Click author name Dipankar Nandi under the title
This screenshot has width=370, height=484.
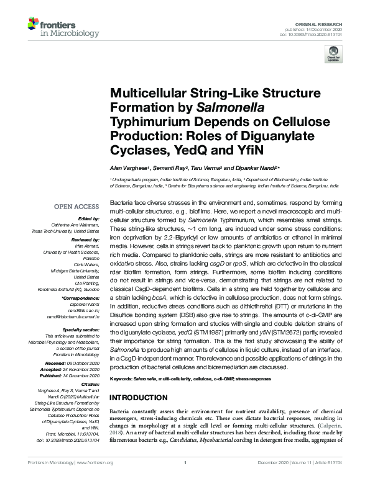pyautogui.click(x=259, y=168)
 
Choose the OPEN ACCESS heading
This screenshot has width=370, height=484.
pyautogui.click(x=76, y=205)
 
